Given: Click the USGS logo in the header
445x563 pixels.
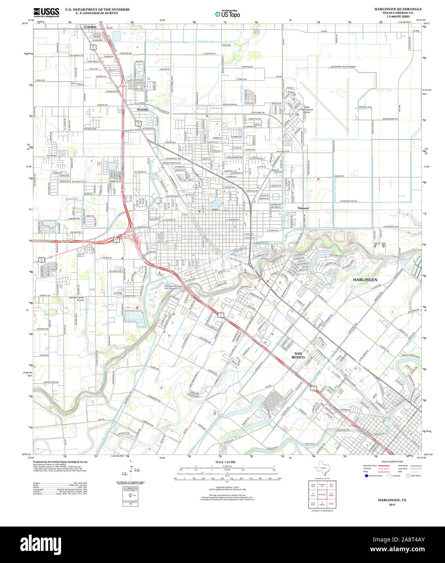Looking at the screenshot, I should point(46,12).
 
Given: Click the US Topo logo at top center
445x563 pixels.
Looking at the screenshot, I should point(227,14).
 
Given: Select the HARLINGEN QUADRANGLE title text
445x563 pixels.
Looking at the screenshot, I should point(398,9).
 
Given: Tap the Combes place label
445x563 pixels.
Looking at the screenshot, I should point(90,27).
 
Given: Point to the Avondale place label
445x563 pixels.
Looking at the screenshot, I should point(142,110).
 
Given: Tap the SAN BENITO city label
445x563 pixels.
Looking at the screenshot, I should point(298,355).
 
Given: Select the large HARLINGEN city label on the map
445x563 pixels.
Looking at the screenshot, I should point(365,280).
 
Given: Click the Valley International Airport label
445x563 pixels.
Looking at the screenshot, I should point(306,110).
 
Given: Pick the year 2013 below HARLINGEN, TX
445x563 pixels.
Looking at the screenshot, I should point(392,505).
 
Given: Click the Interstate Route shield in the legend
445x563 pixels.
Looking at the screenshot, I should point(366,476).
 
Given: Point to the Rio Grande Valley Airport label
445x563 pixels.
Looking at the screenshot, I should point(343,66).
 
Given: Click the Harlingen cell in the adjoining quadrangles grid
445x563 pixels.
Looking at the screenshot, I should point(322,495).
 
